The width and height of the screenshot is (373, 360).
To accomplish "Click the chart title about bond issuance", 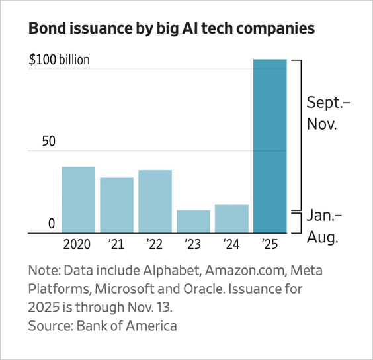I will [171, 29].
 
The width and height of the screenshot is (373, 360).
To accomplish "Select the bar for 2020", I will [78, 200].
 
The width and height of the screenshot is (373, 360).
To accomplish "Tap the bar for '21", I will [116, 205].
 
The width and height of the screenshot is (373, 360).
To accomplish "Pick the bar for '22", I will [155, 202].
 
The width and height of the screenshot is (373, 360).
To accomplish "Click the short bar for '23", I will [193, 222].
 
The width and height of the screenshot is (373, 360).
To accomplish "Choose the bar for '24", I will [231, 219].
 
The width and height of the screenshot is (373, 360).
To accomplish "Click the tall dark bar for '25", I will [270, 146].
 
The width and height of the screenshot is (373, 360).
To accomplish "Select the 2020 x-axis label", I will [78, 244].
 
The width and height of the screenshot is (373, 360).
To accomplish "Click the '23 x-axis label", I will [193, 244].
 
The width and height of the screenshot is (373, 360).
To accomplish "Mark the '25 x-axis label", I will [270, 244].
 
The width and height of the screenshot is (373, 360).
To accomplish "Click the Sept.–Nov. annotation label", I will [329, 113].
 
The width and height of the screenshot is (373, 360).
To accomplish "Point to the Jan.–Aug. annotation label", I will [325, 227].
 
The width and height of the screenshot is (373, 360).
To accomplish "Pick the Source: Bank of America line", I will [102, 326].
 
